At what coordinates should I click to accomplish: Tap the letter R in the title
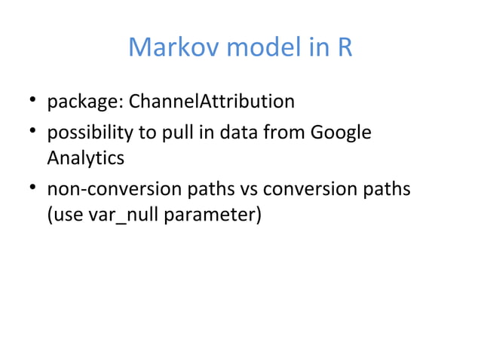(343, 48)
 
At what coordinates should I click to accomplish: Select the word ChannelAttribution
(213, 101)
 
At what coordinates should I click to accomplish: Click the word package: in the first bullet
(86, 101)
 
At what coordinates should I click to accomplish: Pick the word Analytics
(85, 159)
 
